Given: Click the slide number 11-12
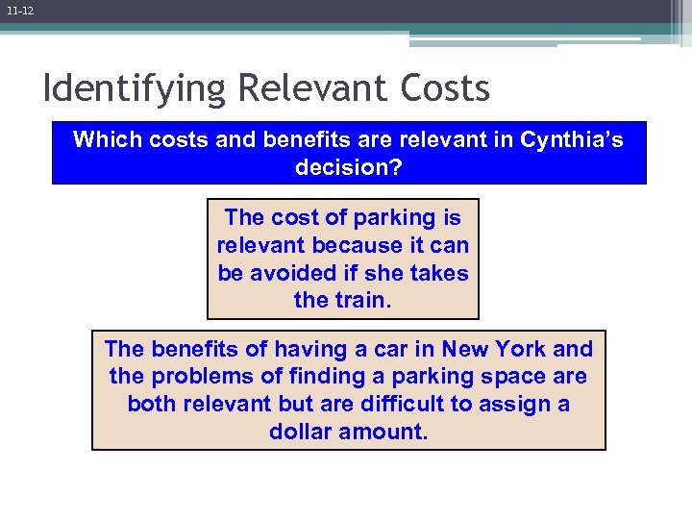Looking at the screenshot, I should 19,11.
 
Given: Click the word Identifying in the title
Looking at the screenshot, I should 135,89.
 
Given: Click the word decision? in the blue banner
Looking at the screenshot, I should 348,167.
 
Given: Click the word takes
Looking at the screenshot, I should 438,273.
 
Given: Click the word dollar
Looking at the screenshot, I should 303,432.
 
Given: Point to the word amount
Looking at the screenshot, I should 387,432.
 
